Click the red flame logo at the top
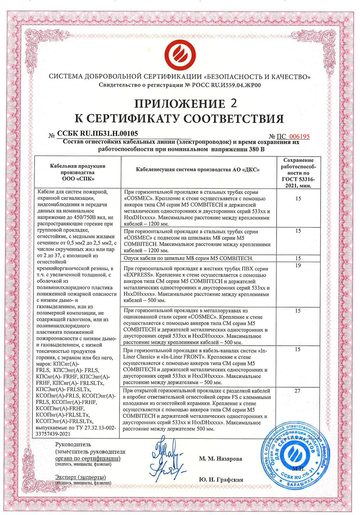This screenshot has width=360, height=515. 180,54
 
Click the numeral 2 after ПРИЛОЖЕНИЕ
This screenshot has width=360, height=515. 234,103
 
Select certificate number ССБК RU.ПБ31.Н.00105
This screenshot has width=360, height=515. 98,134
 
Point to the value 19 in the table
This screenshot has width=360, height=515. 298,265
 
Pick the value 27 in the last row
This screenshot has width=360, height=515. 298,391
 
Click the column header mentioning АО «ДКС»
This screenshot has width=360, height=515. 198,170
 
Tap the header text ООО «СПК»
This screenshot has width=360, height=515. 78,179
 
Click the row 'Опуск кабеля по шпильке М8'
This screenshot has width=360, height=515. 188,258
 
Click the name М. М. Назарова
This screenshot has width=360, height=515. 220,459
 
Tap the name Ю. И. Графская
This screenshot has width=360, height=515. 221,480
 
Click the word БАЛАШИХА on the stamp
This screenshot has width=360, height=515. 300,483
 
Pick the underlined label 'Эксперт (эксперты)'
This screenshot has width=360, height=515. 80,477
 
